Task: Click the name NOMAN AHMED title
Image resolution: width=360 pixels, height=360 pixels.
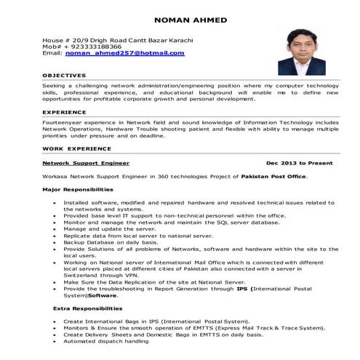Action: click(179, 19)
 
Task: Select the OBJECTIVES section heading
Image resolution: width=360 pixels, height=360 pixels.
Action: click(64, 76)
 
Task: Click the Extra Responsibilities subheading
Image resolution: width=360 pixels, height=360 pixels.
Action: click(81, 309)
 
